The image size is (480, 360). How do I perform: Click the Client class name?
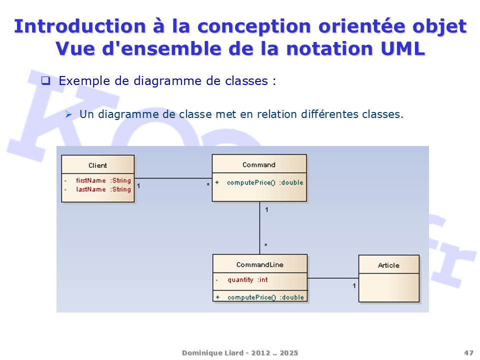coord(97,165)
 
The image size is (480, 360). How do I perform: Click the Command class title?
coord(259,164)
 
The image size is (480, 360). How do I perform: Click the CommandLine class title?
coord(260,264)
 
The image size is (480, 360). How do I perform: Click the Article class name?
coord(389,265)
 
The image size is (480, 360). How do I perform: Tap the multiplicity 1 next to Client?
coord(138,186)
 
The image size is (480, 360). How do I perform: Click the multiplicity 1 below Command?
coord(266,209)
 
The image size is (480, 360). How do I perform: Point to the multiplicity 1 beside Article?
coord(354,285)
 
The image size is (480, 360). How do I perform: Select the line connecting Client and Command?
coord(173,178)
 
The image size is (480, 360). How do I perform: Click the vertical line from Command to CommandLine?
coord(259,228)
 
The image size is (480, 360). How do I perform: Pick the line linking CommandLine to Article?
coord(333,278)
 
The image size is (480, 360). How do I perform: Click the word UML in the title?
coord(403,48)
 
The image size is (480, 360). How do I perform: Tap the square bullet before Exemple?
coord(46,80)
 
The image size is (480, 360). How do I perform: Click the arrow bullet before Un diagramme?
coord(68,114)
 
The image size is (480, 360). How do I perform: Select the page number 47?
coord(468,353)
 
